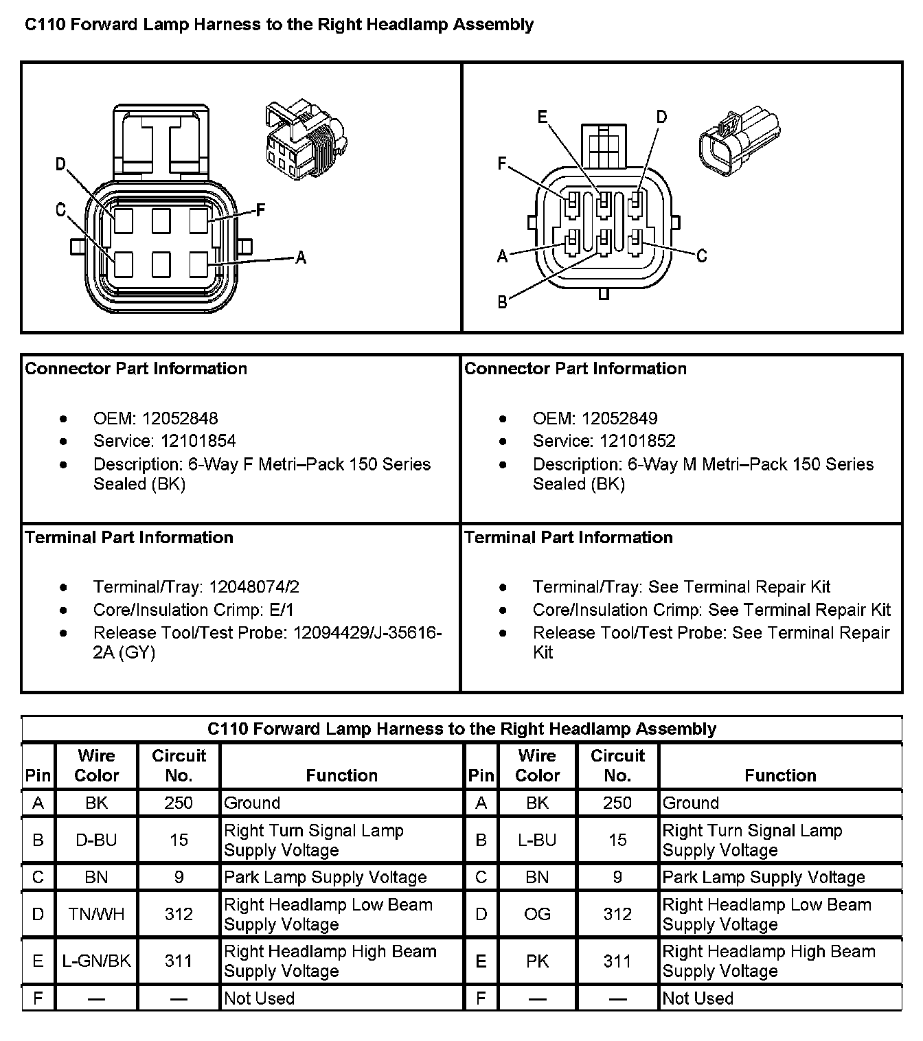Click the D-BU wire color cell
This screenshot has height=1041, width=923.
coord(96,840)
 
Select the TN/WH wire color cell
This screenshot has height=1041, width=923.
coord(96,914)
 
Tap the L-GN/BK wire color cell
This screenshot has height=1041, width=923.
coord(96,961)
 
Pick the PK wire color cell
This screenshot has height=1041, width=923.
coord(537,961)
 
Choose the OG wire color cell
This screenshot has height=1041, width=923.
coord(537,914)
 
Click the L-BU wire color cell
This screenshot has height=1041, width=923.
coord(537,840)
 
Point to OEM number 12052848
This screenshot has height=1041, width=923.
coord(180,418)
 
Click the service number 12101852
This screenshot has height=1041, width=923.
coord(637,441)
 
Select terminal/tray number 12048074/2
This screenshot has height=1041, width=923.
coord(254,587)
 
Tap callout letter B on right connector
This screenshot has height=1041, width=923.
coord(503,301)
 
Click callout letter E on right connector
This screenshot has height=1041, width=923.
coord(543,117)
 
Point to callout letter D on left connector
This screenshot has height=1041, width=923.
coord(61,164)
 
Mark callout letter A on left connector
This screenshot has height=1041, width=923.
coord(300,258)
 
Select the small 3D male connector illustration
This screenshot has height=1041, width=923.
coord(738,141)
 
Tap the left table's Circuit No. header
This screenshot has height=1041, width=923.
coord(179,766)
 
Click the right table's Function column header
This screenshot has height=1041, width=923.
coord(780,775)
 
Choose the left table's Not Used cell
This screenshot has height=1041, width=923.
coord(260,998)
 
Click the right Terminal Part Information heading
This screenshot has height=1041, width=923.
coord(569,537)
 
